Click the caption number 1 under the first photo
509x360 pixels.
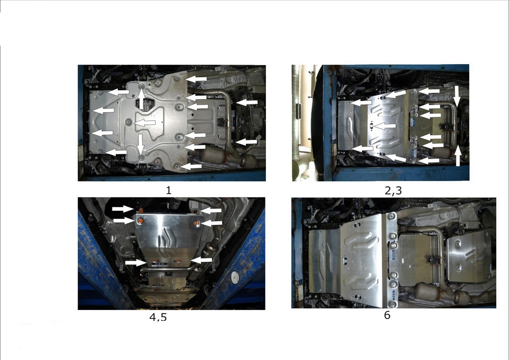[168, 190]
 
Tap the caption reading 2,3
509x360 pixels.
[393, 191]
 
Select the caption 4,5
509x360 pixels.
[158, 317]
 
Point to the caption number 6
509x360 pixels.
[387, 315]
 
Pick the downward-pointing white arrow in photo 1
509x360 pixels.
[141, 144]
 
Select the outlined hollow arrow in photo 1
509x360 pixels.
[145, 123]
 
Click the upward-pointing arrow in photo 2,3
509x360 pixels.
[458, 156]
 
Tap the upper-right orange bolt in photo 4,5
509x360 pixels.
[196, 224]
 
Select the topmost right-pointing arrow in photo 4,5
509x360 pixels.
[123, 209]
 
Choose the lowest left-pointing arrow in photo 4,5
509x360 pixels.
[201, 260]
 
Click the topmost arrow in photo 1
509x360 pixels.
[196, 79]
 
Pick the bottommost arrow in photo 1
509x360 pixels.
[191, 166]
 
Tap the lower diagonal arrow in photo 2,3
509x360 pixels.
[396, 158]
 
